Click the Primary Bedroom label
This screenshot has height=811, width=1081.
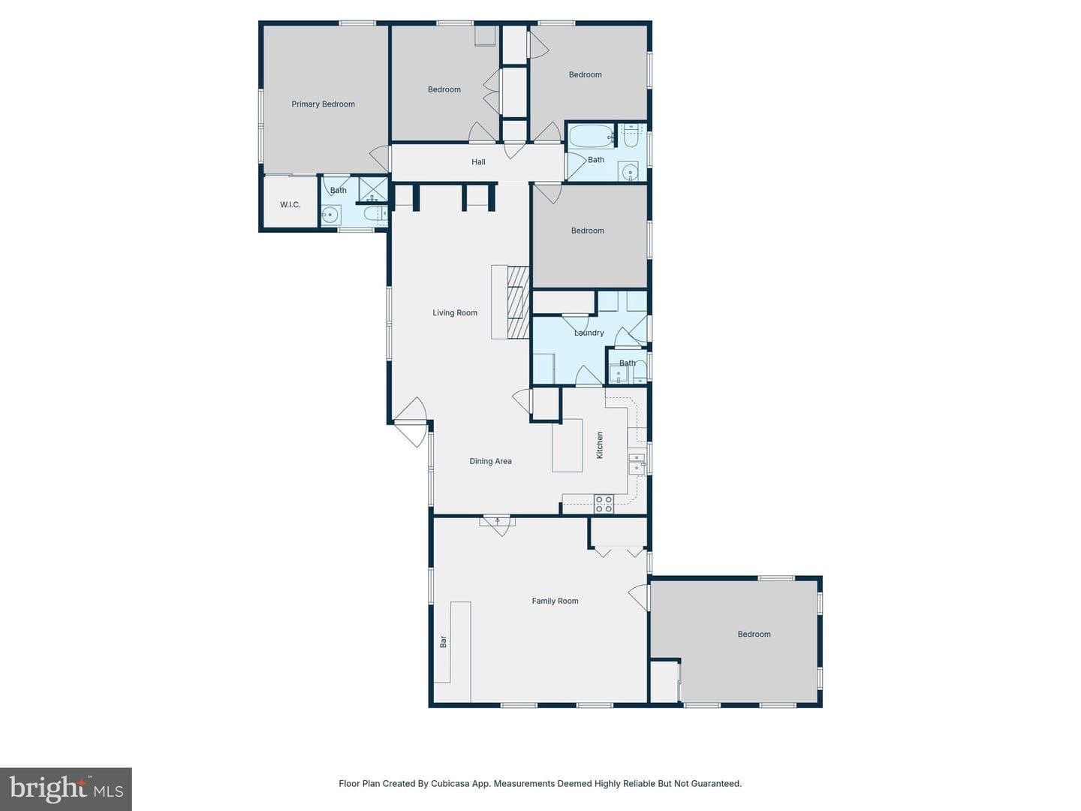[x=323, y=104]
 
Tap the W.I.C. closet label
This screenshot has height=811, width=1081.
[x=290, y=205]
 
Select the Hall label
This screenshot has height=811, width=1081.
[x=478, y=162]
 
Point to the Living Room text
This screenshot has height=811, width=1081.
[x=455, y=312]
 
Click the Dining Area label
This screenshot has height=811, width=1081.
[x=490, y=461]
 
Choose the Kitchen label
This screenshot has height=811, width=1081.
[x=600, y=445]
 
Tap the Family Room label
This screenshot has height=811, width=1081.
[x=555, y=601]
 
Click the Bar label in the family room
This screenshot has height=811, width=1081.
[x=443, y=641]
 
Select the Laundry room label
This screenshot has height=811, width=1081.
[x=589, y=333]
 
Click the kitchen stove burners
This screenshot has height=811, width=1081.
[x=604, y=504]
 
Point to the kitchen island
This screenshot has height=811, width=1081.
[x=568, y=445]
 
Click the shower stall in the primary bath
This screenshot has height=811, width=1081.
[x=373, y=190]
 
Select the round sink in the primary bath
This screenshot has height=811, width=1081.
[x=330, y=215]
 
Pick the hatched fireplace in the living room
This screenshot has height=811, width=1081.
[x=519, y=302]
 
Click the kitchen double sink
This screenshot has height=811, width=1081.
[x=637, y=463]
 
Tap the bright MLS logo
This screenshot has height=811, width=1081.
[x=66, y=788]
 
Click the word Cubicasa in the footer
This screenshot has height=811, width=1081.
[x=448, y=783]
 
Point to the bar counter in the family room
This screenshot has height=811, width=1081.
[x=452, y=642]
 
